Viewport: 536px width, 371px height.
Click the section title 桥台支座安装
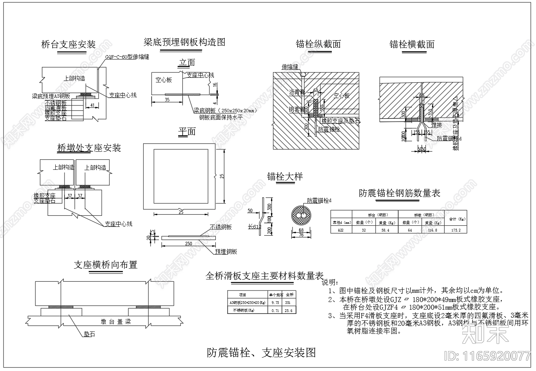(x=68, y=44)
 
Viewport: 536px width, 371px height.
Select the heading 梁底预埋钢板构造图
(x=184, y=42)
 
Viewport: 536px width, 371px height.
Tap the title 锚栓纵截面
(x=318, y=44)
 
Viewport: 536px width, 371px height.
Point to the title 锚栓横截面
(x=412, y=44)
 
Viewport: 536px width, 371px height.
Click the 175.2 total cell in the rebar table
(x=456, y=230)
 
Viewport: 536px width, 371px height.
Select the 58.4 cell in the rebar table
(x=383, y=230)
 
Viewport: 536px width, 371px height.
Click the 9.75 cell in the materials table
(x=275, y=302)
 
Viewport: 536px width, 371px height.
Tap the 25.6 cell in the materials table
(x=289, y=310)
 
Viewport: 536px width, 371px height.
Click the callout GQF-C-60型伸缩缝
(x=127, y=57)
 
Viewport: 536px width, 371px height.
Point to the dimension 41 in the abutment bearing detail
(x=92, y=105)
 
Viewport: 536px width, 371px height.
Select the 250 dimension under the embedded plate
(x=188, y=244)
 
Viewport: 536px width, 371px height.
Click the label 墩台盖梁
(x=116, y=322)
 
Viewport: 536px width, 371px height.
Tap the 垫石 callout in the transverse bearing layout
(x=89, y=334)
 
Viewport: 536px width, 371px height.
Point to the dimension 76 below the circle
(x=301, y=235)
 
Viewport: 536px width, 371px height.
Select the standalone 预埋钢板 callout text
(x=226, y=251)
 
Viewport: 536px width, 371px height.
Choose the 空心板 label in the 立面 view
(x=164, y=80)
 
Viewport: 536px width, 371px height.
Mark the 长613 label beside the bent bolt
(x=254, y=227)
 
